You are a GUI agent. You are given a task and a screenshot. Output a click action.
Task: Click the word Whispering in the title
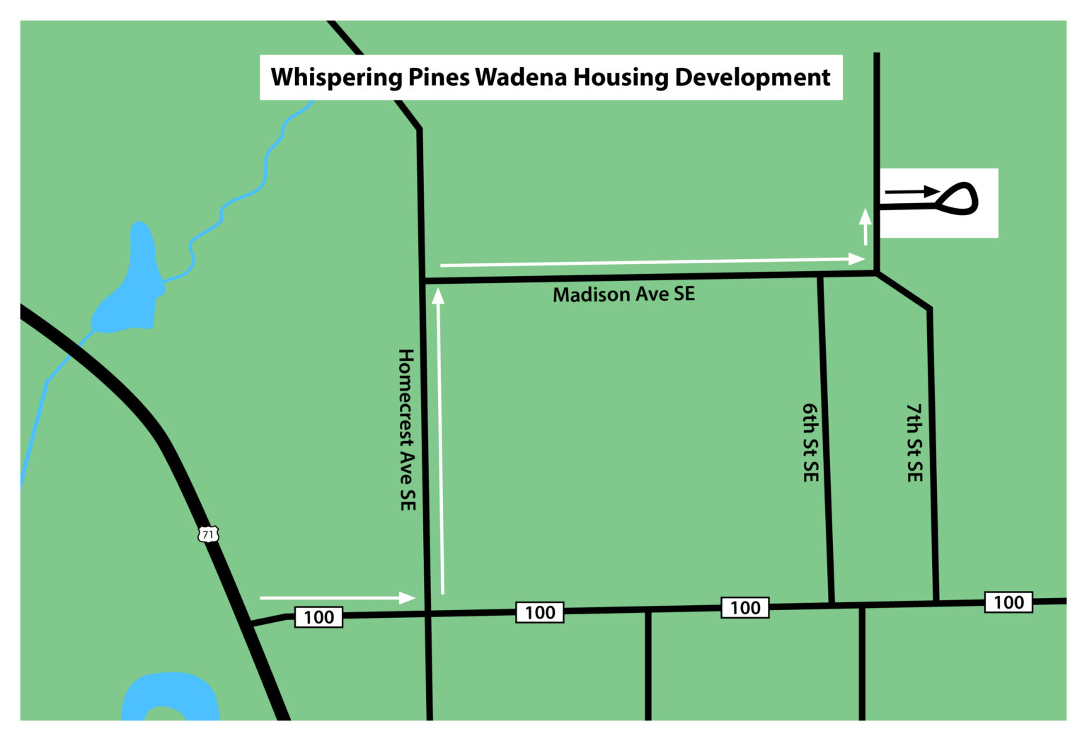click(x=336, y=77)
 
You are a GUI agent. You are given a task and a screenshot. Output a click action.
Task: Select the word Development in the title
click(x=752, y=77)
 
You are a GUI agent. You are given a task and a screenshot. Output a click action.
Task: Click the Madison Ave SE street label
click(x=623, y=294)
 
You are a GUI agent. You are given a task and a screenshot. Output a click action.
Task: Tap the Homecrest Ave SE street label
click(x=406, y=430)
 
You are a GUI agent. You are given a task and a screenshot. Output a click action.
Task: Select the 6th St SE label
click(x=810, y=443)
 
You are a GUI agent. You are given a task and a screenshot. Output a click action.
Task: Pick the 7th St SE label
click(x=914, y=443)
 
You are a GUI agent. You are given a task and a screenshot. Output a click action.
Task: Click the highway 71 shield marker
click(x=208, y=534)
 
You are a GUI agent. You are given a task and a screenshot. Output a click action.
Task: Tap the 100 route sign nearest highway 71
click(x=318, y=617)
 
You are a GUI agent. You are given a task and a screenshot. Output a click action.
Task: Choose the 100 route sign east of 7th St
click(x=1008, y=602)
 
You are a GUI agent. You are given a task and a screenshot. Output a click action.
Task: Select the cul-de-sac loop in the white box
click(x=958, y=199)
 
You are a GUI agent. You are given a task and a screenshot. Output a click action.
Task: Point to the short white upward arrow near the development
click(x=865, y=226)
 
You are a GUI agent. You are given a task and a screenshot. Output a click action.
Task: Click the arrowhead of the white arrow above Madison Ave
click(x=857, y=259)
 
